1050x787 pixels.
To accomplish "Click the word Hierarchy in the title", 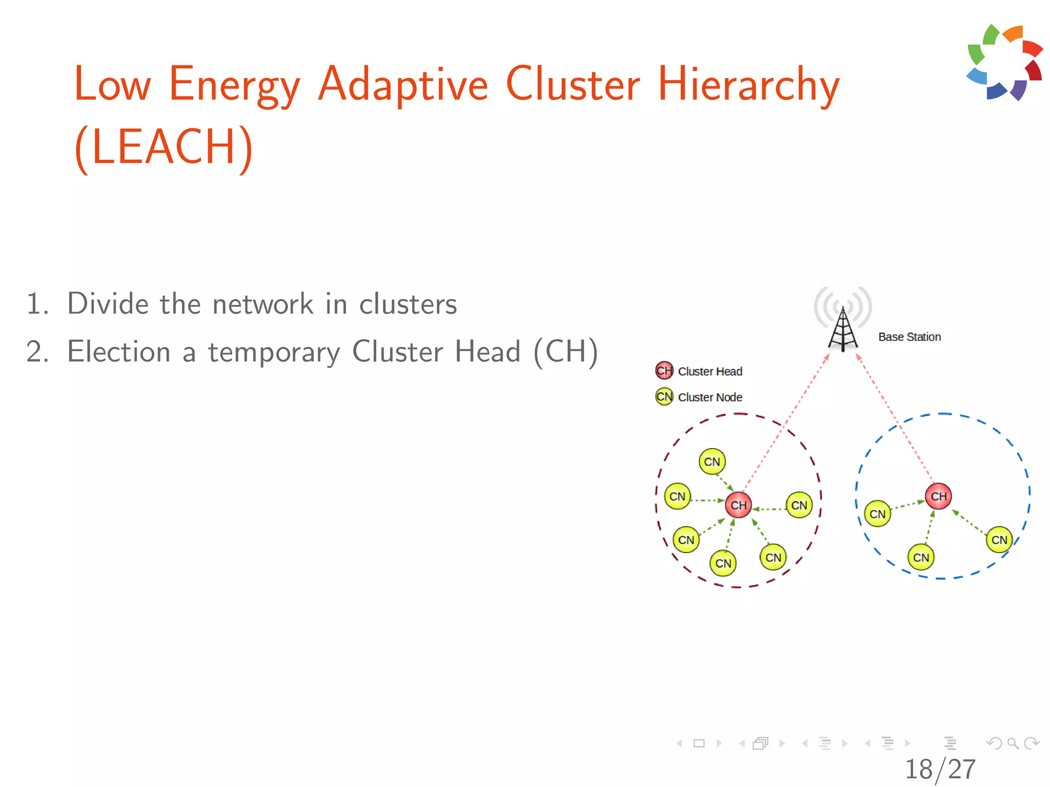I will [748, 85].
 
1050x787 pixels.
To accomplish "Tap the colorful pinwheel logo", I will [1004, 63].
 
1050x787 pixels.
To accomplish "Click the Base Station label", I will [910, 337].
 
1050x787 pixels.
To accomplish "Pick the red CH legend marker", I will [664, 370].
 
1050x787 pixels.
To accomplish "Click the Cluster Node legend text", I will [710, 397].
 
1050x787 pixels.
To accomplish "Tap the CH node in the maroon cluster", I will [738, 505].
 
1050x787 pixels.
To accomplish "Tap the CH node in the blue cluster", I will [938, 496].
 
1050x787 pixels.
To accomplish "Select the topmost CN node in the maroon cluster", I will [712, 462].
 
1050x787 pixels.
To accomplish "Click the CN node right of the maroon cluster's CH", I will [799, 505].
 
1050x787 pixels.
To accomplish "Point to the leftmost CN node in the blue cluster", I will [877, 513].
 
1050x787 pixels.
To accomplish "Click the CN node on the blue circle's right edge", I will [999, 540].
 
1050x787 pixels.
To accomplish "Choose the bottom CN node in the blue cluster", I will [921, 557].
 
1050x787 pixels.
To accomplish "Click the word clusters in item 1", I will [408, 304].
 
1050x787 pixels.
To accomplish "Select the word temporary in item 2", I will [274, 353].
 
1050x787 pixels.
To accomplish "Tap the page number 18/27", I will [940, 769].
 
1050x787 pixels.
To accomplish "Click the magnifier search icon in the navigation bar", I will [1013, 743].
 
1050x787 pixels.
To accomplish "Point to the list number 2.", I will [36, 353].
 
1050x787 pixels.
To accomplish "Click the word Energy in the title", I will [234, 85].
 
